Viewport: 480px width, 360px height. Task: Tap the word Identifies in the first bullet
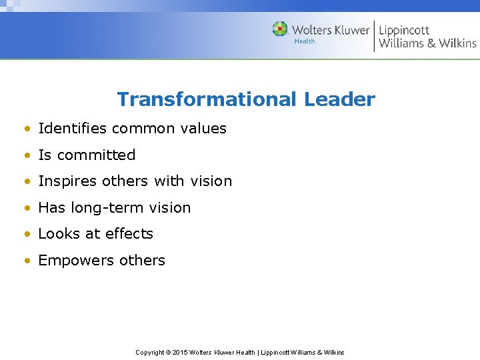pos(69,128)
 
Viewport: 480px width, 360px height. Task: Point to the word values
pos(204,128)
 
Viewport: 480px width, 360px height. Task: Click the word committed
pos(96,155)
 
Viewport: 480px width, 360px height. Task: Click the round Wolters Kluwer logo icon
pos(280,29)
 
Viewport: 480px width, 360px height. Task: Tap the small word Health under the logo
pos(305,42)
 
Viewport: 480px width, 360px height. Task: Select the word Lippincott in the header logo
pos(405,29)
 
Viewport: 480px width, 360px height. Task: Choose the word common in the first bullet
pos(142,128)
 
